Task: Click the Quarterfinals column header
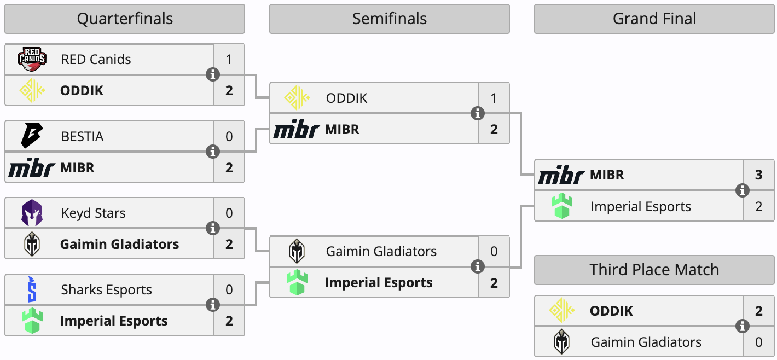coord(125,19)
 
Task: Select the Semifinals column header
coord(389,19)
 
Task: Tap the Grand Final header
coord(654,19)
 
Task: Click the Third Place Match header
coord(654,270)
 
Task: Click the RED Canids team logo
coord(32,59)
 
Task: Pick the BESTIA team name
coord(82,136)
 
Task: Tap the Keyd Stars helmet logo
coord(32,213)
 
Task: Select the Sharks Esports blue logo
coord(32,289)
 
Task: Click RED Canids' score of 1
coord(229,59)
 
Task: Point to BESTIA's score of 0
coord(229,136)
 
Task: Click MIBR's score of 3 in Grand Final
coord(758,175)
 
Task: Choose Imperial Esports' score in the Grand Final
coord(758,207)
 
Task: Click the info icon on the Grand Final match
coord(743,190)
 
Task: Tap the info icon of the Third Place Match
coord(743,326)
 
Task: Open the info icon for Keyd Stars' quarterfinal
coord(213,228)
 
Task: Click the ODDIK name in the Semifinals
coord(346,98)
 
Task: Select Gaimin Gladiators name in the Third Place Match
coord(646,342)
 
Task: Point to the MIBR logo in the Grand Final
coord(561,176)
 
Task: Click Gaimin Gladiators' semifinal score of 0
coord(494,252)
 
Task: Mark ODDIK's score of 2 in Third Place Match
coord(758,311)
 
